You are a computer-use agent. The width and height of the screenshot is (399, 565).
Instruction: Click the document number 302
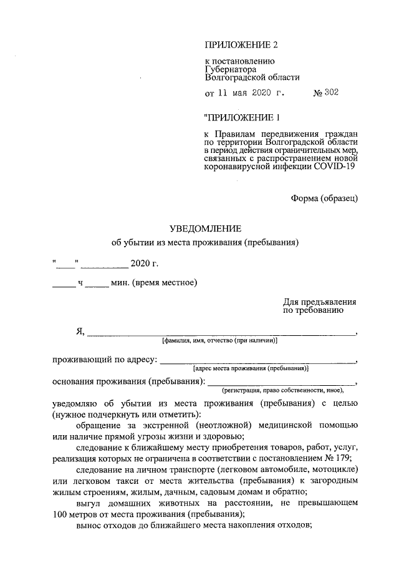(330, 94)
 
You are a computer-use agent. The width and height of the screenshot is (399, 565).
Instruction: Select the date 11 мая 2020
(244, 94)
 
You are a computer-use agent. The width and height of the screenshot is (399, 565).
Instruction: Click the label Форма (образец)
(324, 198)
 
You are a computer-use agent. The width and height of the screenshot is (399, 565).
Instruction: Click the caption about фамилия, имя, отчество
(219, 341)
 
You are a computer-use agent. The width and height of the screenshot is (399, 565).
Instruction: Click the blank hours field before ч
(63, 283)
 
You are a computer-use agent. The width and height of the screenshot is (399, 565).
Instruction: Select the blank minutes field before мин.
(96, 283)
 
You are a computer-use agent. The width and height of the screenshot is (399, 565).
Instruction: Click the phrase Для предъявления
(319, 301)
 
